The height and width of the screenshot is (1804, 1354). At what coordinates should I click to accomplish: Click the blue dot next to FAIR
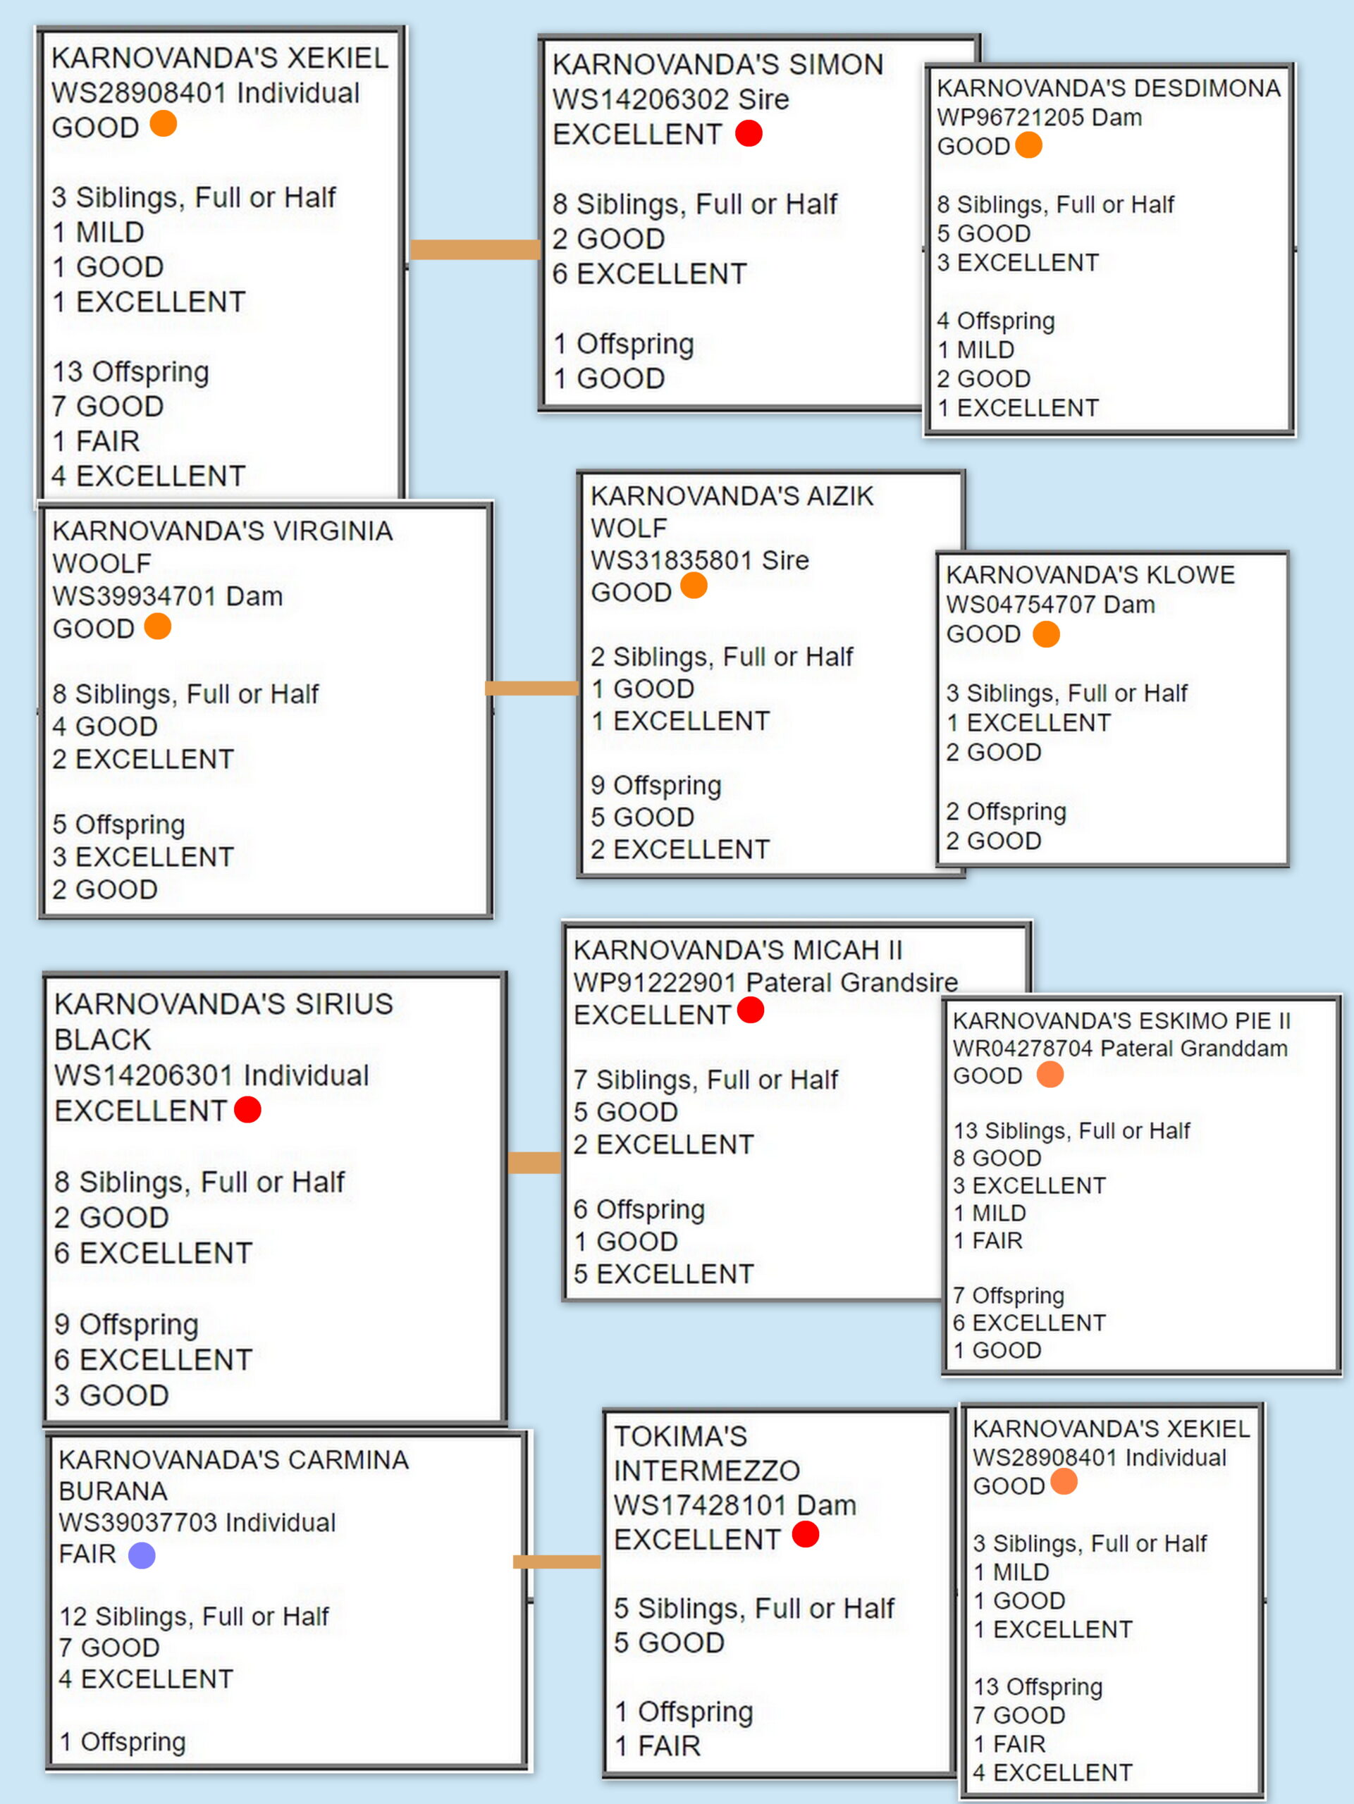pyautogui.click(x=142, y=1555)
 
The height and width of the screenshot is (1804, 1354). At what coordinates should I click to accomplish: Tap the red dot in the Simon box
pyautogui.click(x=749, y=133)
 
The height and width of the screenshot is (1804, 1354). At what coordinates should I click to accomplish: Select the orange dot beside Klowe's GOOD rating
pyautogui.click(x=1047, y=634)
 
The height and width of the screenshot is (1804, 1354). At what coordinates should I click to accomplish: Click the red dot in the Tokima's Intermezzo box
pyautogui.click(x=805, y=1534)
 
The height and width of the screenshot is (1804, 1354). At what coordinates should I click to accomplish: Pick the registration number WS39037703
pyautogui.click(x=138, y=1522)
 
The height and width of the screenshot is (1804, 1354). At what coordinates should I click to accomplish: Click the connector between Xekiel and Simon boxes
pyautogui.click(x=475, y=249)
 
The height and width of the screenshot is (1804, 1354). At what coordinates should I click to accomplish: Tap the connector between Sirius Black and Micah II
pyautogui.click(x=534, y=1162)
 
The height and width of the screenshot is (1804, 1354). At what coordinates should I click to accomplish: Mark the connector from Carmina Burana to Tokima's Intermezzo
pyautogui.click(x=556, y=1562)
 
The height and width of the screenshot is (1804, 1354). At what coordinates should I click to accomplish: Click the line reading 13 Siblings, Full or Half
pyautogui.click(x=1072, y=1130)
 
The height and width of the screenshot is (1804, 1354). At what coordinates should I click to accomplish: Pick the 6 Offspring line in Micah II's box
pyautogui.click(x=639, y=1209)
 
